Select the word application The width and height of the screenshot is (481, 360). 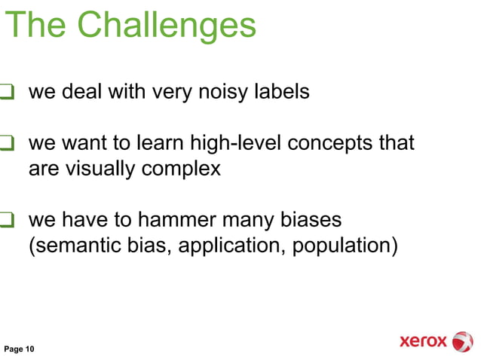point(231,246)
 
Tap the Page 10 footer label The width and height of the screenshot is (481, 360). point(20,349)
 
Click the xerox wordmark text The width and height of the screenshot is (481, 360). point(422,342)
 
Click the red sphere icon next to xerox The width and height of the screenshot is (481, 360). point(461,341)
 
